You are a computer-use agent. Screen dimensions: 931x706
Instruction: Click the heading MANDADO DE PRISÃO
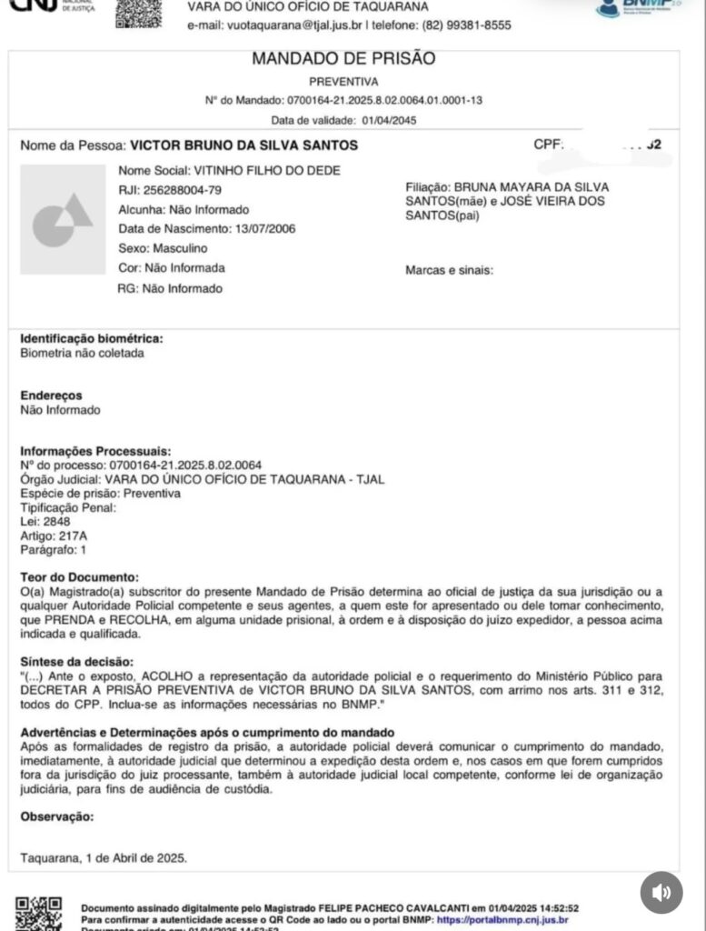point(343,59)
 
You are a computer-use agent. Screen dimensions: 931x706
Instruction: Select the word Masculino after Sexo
point(180,248)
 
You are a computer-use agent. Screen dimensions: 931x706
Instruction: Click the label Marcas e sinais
point(449,270)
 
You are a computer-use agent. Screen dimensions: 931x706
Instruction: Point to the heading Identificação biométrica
point(92,339)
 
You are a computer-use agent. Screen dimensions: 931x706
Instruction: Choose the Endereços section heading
point(51,395)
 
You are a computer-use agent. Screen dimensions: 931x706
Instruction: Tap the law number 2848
point(55,522)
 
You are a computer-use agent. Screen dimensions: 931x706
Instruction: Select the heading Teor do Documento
point(80,577)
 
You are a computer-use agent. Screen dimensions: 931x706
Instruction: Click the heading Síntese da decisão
point(77,661)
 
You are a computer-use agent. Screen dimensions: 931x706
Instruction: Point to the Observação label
point(56,816)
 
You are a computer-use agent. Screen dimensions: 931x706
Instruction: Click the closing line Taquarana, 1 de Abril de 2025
point(104,857)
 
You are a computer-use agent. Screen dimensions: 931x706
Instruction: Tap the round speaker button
point(661,893)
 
